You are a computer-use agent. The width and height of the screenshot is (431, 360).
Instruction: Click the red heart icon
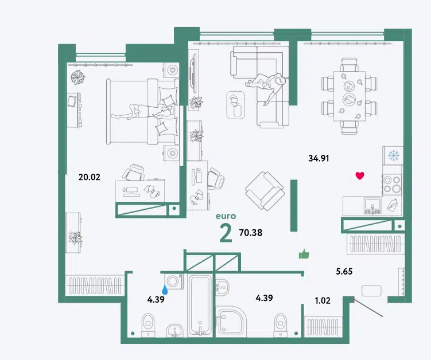360,175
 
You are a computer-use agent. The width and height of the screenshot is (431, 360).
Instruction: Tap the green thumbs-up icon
304,254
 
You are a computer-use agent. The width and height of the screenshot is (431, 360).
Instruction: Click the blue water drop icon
165,289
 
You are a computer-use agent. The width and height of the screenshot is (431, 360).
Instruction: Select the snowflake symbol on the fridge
394,156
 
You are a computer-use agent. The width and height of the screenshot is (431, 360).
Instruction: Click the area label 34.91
319,158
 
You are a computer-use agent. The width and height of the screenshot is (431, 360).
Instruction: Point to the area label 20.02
90,177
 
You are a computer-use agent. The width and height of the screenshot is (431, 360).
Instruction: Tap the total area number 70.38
251,233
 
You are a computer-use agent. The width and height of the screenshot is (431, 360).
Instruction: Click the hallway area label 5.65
344,271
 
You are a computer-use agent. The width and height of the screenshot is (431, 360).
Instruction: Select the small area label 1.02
323,300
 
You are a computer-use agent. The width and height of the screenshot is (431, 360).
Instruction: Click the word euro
226,216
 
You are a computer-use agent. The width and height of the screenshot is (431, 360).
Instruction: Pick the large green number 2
226,233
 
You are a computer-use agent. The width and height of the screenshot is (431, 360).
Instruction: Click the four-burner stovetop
392,184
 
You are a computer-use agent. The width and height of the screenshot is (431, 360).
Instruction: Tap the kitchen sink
372,206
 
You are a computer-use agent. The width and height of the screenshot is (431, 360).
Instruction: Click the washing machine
174,281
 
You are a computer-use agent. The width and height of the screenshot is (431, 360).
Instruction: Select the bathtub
200,305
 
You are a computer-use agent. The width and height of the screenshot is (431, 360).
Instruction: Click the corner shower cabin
231,322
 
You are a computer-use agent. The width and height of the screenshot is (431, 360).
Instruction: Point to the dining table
350,96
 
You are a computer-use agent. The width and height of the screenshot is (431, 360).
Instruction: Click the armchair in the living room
265,190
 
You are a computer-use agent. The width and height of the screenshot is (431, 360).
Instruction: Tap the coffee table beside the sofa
235,105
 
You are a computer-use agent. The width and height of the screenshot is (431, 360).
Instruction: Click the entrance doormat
371,291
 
